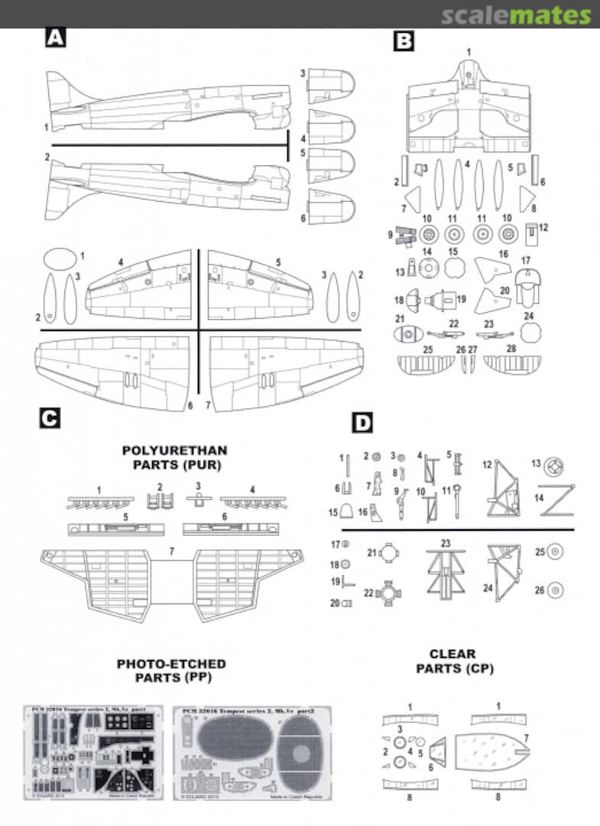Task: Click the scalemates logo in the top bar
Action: click(516, 15)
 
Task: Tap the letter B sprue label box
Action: click(404, 41)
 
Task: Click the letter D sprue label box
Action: click(362, 422)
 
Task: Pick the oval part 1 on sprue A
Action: click(57, 259)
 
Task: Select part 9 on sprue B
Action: click(405, 239)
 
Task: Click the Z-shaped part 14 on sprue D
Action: click(557, 501)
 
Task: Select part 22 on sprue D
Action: click(391, 593)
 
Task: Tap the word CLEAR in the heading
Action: click(452, 654)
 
